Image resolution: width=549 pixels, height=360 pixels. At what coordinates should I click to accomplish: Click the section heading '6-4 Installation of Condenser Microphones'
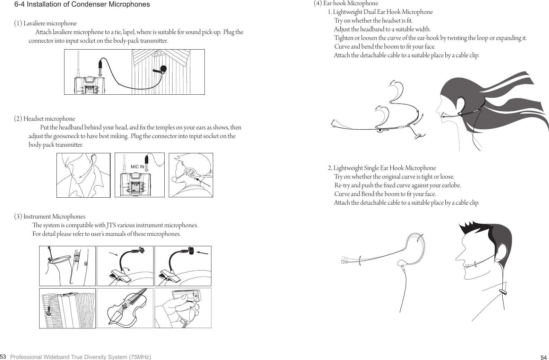pyautogui.click(x=82, y=5)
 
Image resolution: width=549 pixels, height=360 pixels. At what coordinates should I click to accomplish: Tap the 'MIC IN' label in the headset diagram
pyautogui.click(x=137, y=167)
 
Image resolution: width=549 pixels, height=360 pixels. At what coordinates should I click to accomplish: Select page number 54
pyautogui.click(x=543, y=358)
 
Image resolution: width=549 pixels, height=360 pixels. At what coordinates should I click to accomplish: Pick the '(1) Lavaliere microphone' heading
pyautogui.click(x=45, y=24)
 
